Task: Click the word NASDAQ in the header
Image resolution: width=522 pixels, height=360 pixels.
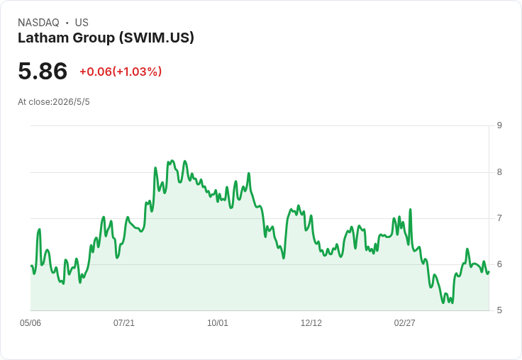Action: (38, 23)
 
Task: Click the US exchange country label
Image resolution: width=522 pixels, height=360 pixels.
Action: (82, 23)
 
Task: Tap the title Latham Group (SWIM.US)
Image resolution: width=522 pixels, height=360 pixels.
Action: (106, 38)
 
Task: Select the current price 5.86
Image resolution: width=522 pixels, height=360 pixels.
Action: (43, 71)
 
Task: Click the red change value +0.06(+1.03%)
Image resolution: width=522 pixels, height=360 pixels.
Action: (121, 72)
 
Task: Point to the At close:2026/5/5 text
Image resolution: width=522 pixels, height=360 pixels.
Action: (54, 102)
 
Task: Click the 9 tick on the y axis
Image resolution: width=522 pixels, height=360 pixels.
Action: (499, 125)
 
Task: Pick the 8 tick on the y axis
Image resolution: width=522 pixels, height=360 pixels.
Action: (499, 172)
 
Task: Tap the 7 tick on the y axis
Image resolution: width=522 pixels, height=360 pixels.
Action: (499, 218)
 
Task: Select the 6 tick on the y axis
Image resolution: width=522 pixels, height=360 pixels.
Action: (499, 264)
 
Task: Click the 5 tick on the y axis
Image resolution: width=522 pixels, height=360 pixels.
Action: (499, 310)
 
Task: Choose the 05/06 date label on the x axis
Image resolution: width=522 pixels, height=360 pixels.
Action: (30, 323)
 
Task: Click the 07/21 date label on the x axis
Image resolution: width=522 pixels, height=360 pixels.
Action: (124, 323)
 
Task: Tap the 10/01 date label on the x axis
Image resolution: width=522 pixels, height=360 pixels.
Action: (218, 323)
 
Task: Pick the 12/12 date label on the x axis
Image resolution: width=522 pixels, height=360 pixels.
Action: (311, 323)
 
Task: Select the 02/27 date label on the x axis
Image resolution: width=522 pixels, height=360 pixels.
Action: (404, 323)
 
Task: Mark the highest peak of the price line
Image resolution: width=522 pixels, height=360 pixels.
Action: (172, 161)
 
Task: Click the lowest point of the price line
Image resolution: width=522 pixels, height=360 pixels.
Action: (443, 303)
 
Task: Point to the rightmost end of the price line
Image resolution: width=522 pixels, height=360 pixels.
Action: (489, 272)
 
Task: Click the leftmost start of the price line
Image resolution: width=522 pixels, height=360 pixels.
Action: (31, 266)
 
